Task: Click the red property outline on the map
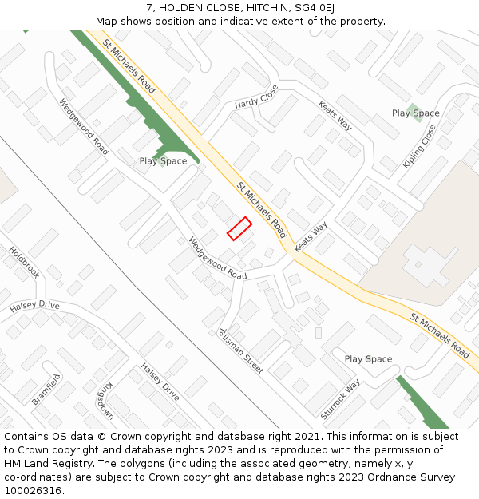(239, 228)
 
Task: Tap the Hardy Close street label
(255, 97)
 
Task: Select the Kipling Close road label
(419, 146)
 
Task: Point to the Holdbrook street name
(24, 261)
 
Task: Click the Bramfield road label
(46, 389)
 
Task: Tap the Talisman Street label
(241, 350)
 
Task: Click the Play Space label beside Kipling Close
(415, 113)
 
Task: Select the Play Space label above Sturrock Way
(368, 359)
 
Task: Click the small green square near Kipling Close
(413, 109)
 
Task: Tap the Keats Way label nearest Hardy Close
(335, 116)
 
